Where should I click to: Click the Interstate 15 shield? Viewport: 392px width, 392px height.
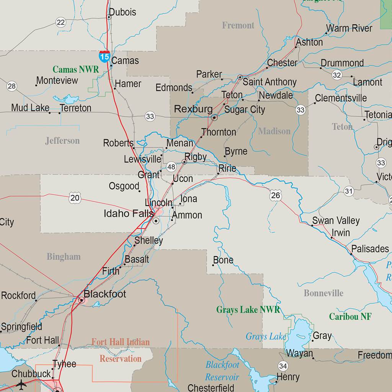tap(105, 56)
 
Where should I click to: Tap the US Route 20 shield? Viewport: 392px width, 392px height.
tap(75, 198)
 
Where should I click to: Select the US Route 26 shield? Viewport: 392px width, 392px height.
tap(276, 195)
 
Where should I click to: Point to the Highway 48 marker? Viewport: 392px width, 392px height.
tap(171, 167)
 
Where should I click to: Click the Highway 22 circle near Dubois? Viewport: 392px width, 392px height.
tap(60, 22)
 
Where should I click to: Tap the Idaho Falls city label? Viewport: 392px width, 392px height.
tap(129, 214)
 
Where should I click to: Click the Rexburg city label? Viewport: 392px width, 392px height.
tap(193, 109)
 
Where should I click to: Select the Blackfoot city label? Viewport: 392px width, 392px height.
tap(105, 294)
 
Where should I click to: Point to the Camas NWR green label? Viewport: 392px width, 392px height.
tap(75, 69)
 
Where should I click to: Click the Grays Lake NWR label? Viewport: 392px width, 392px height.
tap(248, 310)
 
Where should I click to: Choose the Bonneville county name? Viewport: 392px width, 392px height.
tap(323, 293)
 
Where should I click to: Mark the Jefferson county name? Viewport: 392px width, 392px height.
tap(62, 141)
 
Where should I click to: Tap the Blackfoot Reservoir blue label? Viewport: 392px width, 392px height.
tap(222, 371)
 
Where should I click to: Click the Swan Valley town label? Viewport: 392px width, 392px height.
tap(336, 220)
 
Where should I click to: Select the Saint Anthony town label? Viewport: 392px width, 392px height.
tap(269, 82)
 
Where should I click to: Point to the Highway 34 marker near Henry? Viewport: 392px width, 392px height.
tap(283, 366)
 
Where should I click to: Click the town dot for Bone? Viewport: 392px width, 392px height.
tap(213, 265)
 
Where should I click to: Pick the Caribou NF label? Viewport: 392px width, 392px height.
tap(350, 317)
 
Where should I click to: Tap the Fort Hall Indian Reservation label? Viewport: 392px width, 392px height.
tap(121, 350)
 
